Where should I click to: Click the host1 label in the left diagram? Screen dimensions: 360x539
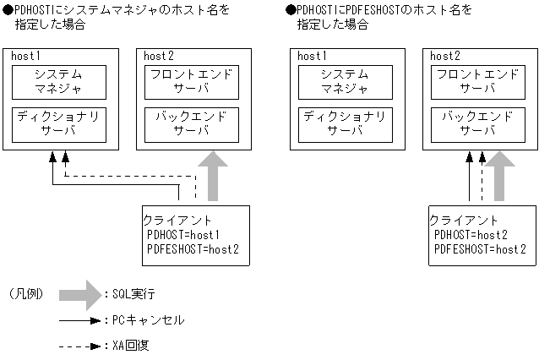tap(26, 56)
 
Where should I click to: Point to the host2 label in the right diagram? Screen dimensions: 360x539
tap(444, 56)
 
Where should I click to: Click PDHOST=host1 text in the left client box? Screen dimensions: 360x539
tap(183, 235)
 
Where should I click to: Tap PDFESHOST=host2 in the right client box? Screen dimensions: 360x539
tap(479, 248)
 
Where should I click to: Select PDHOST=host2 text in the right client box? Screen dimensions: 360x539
tap(470, 235)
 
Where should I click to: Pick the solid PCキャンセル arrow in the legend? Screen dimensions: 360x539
tap(81, 321)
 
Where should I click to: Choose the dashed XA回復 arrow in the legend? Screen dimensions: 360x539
tap(81, 346)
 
